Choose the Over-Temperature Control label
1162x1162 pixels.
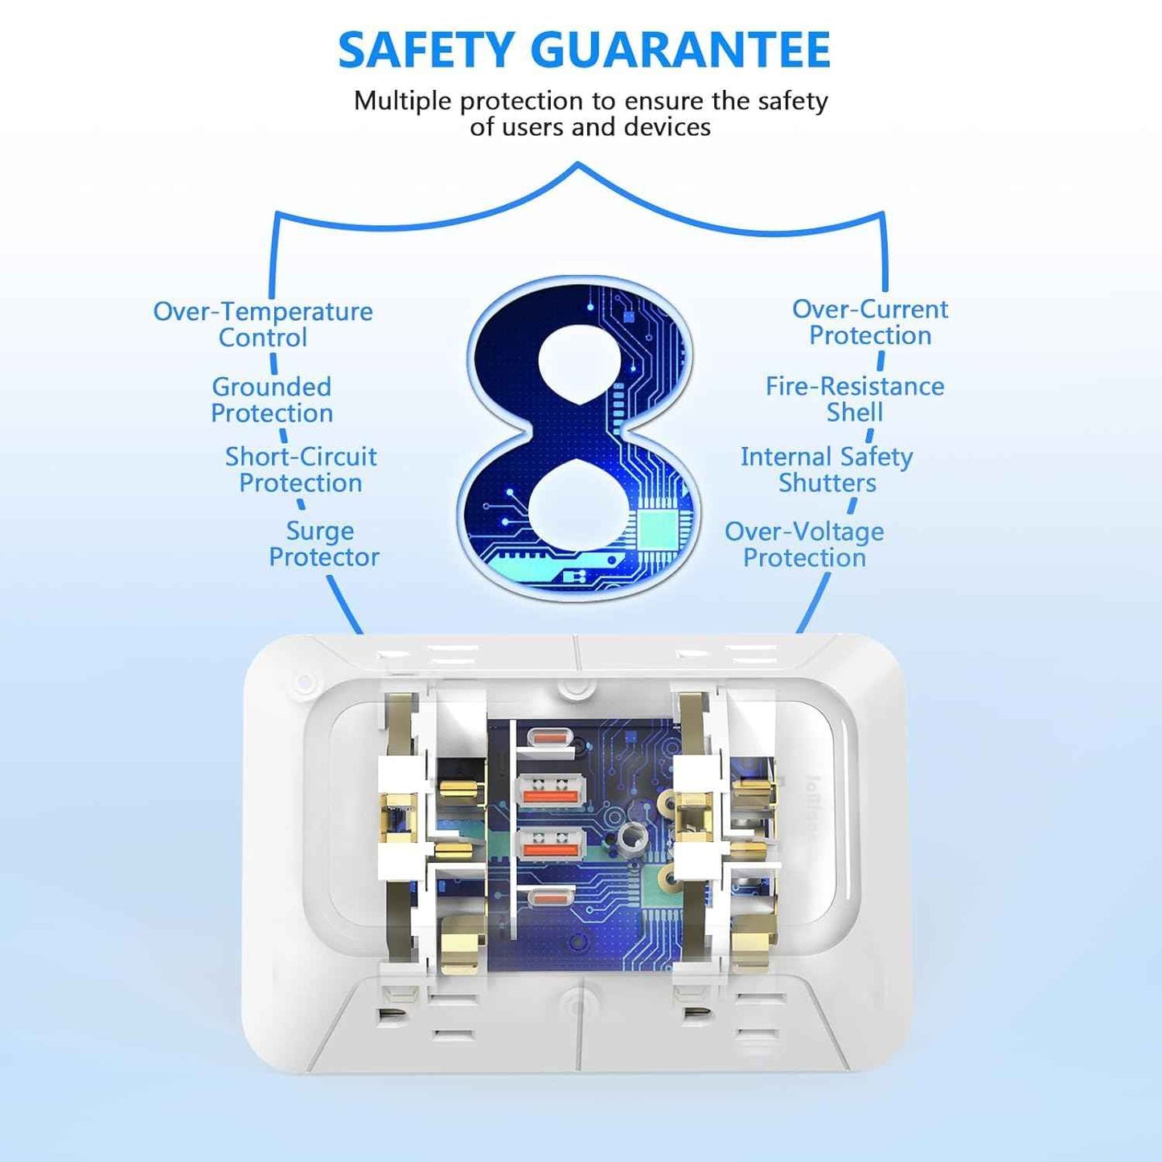(263, 324)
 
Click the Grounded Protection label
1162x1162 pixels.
(272, 400)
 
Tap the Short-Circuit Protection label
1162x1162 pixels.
(301, 470)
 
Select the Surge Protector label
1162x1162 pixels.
(324, 544)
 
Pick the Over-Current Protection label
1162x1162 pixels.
(869, 322)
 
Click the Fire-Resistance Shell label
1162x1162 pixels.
(855, 400)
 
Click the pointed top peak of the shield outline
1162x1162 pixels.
(578, 162)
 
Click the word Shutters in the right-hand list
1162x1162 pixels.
(827, 483)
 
